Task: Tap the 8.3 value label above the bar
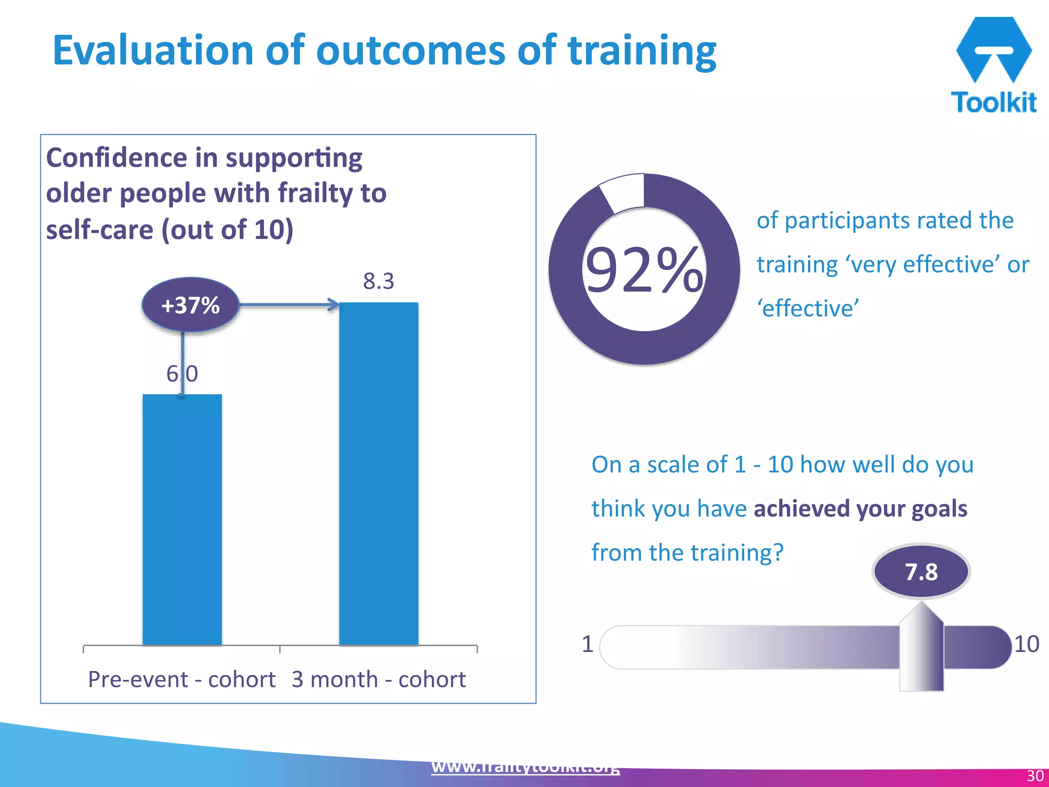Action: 379,281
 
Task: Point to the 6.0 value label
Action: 182,374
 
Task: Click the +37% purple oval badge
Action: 190,305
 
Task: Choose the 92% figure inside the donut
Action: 644,270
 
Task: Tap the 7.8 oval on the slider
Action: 921,572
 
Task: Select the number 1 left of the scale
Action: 588,644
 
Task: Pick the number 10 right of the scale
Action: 1026,644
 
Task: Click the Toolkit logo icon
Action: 993,49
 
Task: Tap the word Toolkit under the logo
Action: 993,102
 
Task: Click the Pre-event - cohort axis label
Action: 182,679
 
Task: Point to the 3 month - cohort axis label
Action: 379,679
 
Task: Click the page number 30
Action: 1035,776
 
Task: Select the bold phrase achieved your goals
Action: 861,509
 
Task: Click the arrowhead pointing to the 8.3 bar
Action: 333,305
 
